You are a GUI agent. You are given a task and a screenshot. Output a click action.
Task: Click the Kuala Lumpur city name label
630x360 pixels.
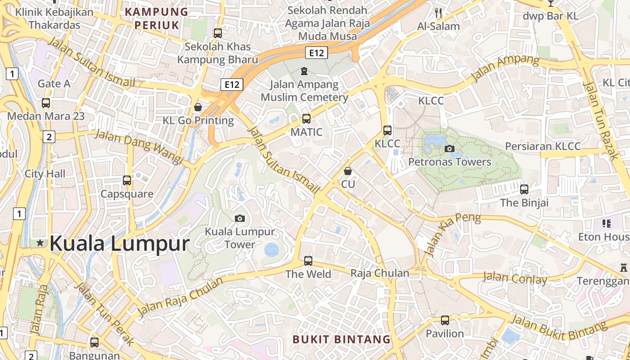119,243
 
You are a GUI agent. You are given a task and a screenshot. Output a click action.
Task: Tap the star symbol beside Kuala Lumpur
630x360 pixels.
40,243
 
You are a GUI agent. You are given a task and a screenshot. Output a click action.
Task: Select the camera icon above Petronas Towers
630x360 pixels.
449,148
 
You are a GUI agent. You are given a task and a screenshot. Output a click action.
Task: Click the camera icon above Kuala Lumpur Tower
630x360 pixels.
240,218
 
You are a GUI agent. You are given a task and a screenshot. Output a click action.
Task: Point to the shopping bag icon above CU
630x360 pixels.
347,171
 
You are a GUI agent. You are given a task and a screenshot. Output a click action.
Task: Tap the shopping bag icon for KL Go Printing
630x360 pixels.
198,107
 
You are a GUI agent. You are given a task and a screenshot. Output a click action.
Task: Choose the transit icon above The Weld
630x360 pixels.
308,261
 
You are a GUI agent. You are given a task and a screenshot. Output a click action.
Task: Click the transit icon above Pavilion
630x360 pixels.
445,320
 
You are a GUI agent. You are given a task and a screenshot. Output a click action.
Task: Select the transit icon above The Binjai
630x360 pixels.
524,189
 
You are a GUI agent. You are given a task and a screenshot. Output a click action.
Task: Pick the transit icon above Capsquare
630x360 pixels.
127,180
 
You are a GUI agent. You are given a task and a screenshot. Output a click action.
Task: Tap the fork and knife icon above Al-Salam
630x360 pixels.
439,13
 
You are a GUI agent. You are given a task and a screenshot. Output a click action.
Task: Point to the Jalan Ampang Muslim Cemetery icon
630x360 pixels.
304,71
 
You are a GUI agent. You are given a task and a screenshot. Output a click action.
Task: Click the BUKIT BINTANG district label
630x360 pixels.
342,339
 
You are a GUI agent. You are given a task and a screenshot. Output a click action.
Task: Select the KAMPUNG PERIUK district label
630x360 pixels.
156,18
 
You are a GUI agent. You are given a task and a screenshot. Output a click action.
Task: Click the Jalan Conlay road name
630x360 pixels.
515,278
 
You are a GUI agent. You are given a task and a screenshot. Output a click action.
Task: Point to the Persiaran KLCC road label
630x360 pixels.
543,146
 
